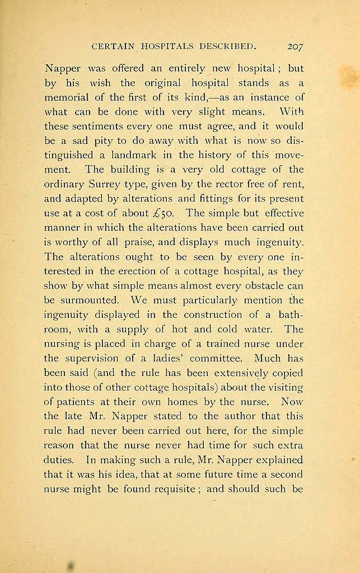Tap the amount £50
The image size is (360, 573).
tap(163, 213)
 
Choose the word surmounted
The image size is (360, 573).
tap(86, 300)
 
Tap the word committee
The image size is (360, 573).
tap(213, 359)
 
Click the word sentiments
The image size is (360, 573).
tap(102, 125)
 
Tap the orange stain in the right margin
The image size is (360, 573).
tap(348, 77)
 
